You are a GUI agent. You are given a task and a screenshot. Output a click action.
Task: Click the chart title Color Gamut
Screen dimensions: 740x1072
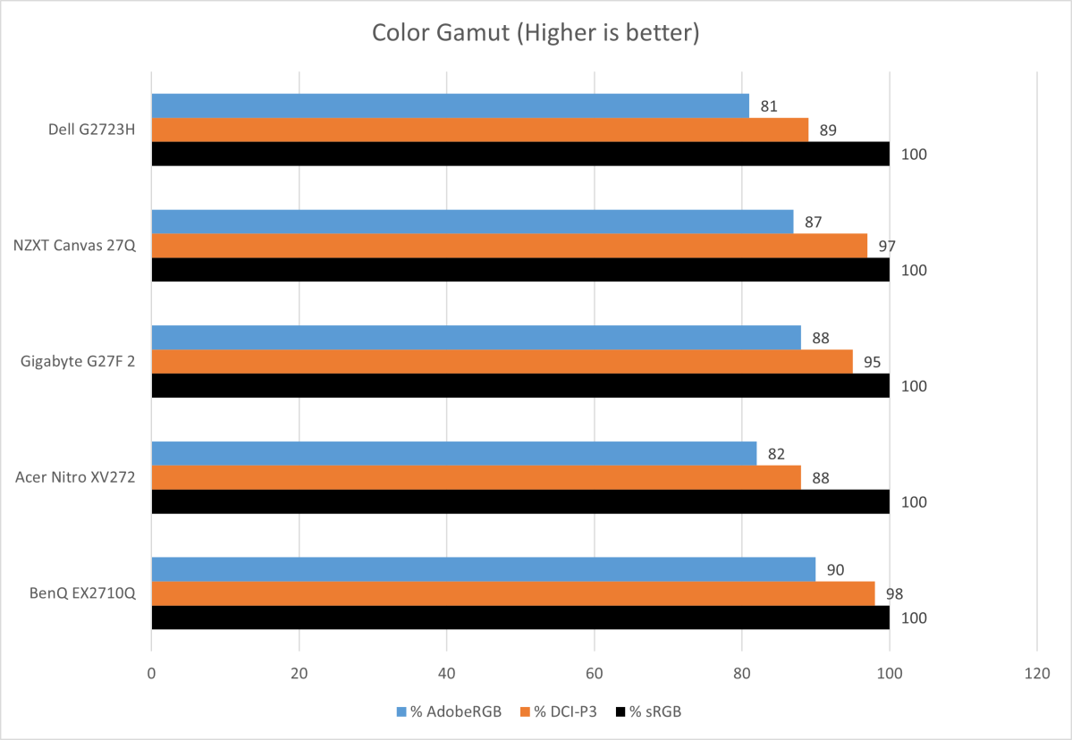click(x=535, y=34)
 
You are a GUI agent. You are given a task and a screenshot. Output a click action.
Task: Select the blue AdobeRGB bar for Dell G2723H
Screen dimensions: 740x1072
click(x=450, y=105)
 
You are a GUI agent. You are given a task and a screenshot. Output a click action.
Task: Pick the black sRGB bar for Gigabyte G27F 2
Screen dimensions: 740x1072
click(x=520, y=385)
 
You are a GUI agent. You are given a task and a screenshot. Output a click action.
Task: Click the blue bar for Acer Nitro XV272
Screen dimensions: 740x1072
click(x=453, y=453)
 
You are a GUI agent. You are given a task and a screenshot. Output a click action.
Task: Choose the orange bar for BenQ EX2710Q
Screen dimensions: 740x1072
click(x=512, y=593)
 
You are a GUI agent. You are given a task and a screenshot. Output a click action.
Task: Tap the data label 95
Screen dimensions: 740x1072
click(x=872, y=362)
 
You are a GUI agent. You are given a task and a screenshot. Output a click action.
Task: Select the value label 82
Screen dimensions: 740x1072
click(x=776, y=454)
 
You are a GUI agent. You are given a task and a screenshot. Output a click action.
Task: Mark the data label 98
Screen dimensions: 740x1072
click(x=894, y=593)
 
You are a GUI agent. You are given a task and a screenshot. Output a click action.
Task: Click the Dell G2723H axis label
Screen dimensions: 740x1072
click(x=91, y=130)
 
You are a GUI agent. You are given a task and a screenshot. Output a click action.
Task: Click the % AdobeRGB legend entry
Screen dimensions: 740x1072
click(x=449, y=711)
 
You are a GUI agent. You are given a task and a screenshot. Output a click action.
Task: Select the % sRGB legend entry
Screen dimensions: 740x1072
click(x=653, y=711)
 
